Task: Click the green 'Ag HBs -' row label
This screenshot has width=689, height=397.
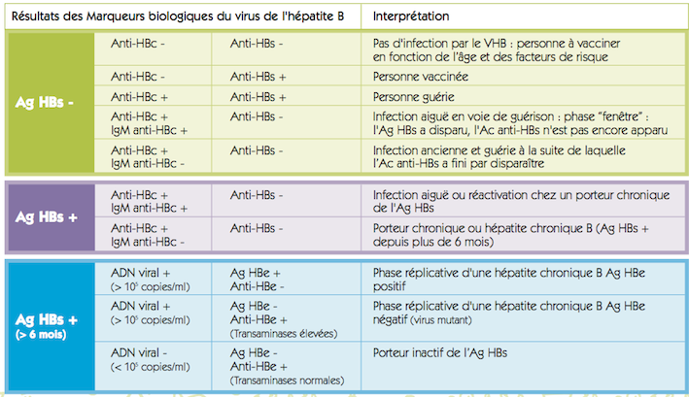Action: tap(48, 102)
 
